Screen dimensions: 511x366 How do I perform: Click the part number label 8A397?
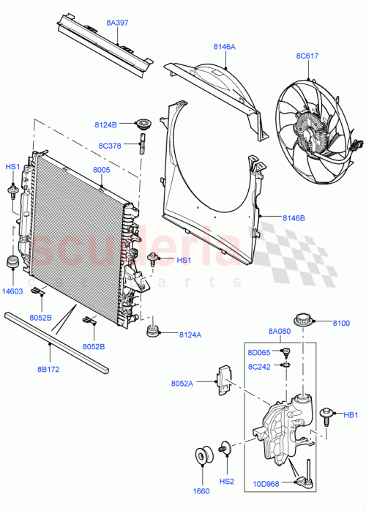(117, 23)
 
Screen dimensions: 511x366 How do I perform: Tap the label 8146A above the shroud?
(225, 47)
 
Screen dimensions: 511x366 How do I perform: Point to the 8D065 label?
(258, 353)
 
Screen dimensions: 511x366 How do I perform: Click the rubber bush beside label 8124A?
(154, 332)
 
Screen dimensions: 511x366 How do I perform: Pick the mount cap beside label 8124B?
(143, 125)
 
